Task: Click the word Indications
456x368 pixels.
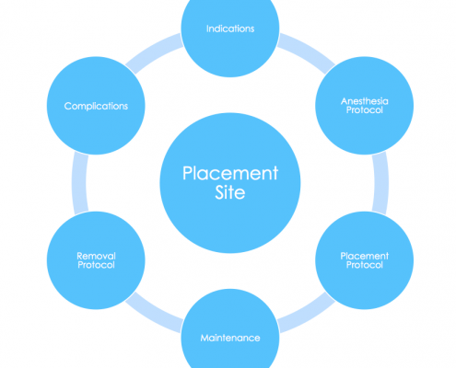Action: click(x=230, y=29)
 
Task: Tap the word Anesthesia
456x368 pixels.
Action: click(x=365, y=101)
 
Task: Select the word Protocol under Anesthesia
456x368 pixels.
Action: click(x=365, y=110)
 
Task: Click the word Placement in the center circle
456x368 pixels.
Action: click(x=230, y=173)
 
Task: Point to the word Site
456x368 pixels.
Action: click(x=230, y=192)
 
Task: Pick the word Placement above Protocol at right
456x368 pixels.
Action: click(x=365, y=256)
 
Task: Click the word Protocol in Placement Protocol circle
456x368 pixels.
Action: click(x=365, y=265)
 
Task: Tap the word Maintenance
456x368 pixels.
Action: click(x=230, y=338)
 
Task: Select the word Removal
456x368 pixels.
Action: click(x=96, y=256)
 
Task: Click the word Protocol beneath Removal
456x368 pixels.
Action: click(x=96, y=265)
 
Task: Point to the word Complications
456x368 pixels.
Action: click(x=96, y=106)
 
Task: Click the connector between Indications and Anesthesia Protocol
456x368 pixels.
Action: click(x=307, y=52)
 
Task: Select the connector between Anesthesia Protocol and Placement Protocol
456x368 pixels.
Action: click(x=380, y=183)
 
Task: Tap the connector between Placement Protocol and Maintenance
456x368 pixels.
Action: click(x=307, y=314)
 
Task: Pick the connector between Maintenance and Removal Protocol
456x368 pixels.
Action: click(x=154, y=314)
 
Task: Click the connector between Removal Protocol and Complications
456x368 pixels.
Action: click(x=80, y=183)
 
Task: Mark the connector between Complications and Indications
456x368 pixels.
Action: click(x=154, y=52)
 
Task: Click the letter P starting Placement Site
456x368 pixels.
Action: click(x=188, y=173)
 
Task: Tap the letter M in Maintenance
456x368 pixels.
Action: click(x=205, y=338)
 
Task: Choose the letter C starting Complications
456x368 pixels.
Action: click(x=68, y=106)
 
